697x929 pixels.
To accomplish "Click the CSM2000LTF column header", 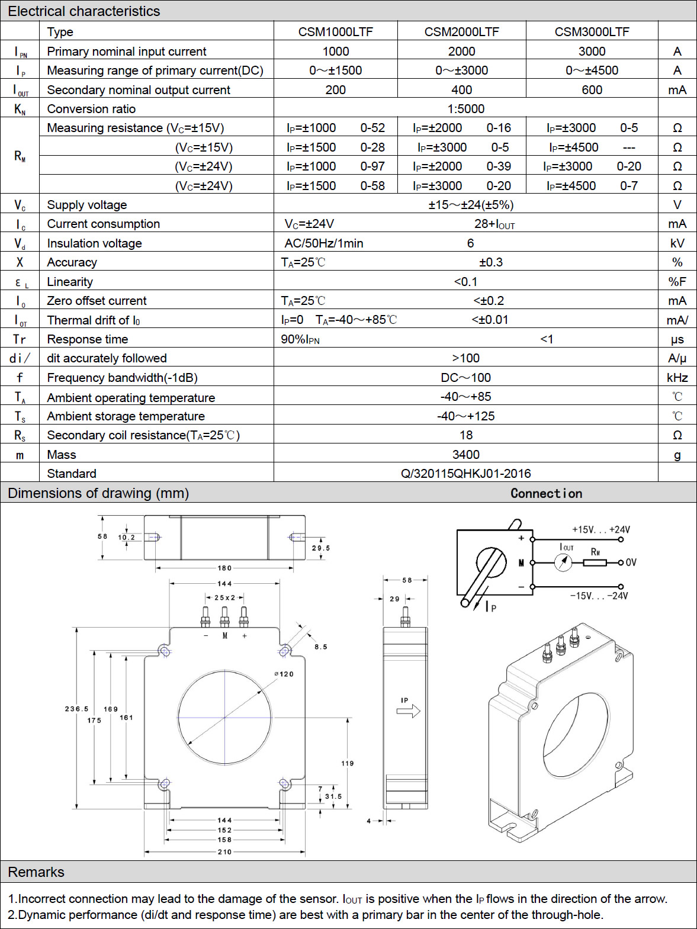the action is click(x=461, y=32).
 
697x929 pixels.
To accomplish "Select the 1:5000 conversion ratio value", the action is click(x=465, y=109).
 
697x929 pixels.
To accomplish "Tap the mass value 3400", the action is click(x=465, y=454).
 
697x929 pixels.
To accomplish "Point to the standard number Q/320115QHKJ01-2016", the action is click(x=465, y=473).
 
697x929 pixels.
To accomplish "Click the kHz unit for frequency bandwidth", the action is click(x=677, y=378).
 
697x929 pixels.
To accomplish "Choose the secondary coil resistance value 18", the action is click(x=466, y=435).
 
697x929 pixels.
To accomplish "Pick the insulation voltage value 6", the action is click(x=470, y=243).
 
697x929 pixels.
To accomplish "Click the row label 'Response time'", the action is click(x=87, y=339).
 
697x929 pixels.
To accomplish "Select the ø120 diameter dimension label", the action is click(x=284, y=674).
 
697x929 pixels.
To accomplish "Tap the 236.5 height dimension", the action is click(x=76, y=709).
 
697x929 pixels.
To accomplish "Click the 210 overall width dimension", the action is click(x=224, y=851).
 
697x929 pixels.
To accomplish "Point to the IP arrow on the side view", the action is click(x=409, y=711).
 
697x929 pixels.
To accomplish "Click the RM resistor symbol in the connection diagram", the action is click(x=595, y=562).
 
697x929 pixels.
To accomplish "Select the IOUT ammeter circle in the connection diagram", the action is click(x=563, y=562).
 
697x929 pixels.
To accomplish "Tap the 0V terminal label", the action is click(x=631, y=562).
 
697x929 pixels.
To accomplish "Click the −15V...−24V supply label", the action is click(x=599, y=596).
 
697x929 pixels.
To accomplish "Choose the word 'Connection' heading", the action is click(x=547, y=493).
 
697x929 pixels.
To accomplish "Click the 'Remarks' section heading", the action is click(x=36, y=872).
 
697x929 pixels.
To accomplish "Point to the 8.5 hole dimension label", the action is click(x=320, y=647).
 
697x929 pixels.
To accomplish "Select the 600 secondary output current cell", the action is click(x=592, y=90).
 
